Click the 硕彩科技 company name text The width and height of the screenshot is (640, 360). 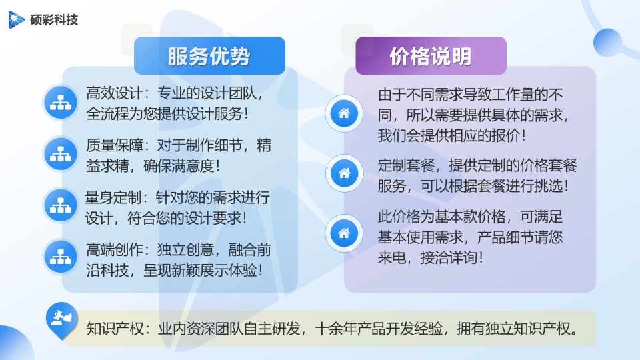pyautogui.click(x=54, y=19)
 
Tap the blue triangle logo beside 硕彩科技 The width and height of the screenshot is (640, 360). pyautogui.click(x=16, y=19)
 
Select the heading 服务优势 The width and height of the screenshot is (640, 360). pyautogui.click(x=209, y=56)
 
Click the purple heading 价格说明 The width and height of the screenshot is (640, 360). pyautogui.click(x=431, y=56)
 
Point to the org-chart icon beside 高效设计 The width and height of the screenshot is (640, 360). pyautogui.click(x=61, y=103)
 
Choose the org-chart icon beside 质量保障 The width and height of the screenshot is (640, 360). pyautogui.click(x=61, y=154)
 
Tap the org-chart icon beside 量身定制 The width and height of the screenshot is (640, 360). pyautogui.click(x=61, y=205)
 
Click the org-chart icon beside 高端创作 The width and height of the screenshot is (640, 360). pyautogui.click(x=61, y=257)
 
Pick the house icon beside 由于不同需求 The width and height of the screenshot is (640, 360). pyautogui.click(x=344, y=113)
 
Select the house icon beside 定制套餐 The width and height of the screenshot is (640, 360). pyautogui.click(x=344, y=173)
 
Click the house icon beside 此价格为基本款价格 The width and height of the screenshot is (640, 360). pyautogui.click(x=344, y=233)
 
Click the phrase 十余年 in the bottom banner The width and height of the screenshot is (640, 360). pyautogui.click(x=335, y=329)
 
